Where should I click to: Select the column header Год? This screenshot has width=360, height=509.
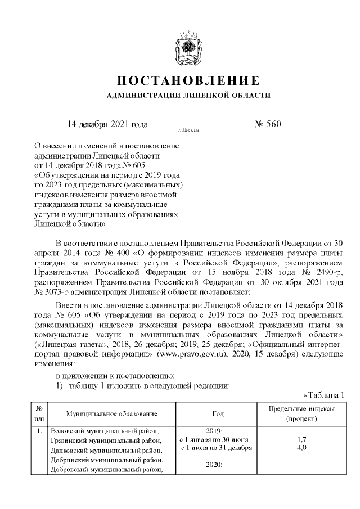click(x=218, y=414)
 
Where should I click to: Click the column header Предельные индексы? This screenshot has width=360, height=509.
click(x=301, y=409)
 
